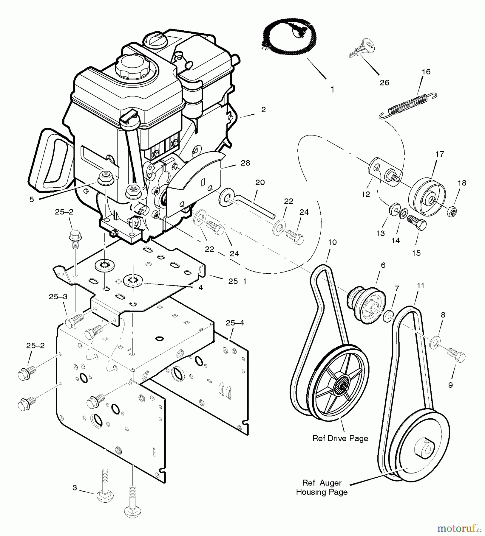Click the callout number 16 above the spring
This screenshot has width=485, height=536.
(426, 72)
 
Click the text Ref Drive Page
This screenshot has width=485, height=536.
(340, 438)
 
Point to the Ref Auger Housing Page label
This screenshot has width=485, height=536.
(322, 487)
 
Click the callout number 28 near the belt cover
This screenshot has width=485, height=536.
(245, 163)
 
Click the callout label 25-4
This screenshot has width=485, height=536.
(235, 323)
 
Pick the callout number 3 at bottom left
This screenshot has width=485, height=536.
(75, 487)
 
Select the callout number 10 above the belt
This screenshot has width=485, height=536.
(332, 242)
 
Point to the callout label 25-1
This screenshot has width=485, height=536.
(237, 281)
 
